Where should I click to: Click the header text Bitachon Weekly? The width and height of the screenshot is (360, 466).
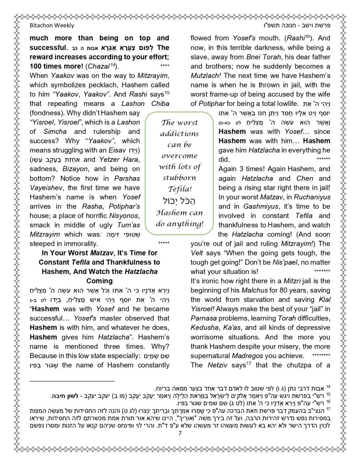(x=52, y=26)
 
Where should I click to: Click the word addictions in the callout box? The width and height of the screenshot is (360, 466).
(x=179, y=134)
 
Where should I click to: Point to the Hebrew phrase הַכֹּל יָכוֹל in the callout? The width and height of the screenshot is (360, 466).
(x=179, y=200)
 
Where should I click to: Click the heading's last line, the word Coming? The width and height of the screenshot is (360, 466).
(x=99, y=281)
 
